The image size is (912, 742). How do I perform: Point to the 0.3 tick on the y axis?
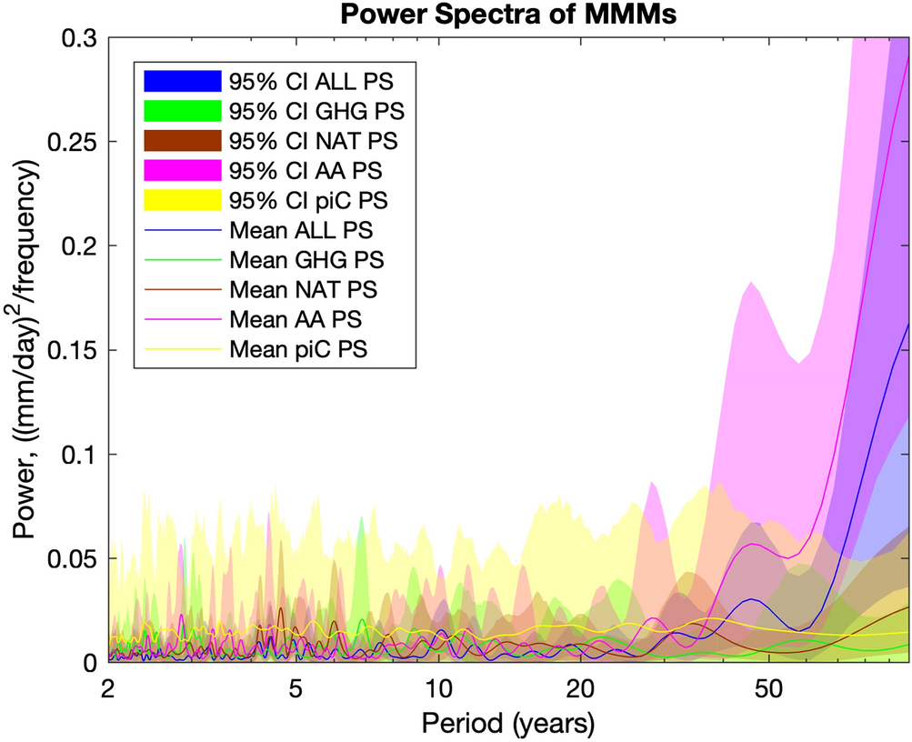[x=84, y=38]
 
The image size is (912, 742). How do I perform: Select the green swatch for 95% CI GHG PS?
[x=183, y=112]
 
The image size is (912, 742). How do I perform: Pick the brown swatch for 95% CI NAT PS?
[x=183, y=141]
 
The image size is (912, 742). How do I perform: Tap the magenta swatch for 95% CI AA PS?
[x=183, y=171]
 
